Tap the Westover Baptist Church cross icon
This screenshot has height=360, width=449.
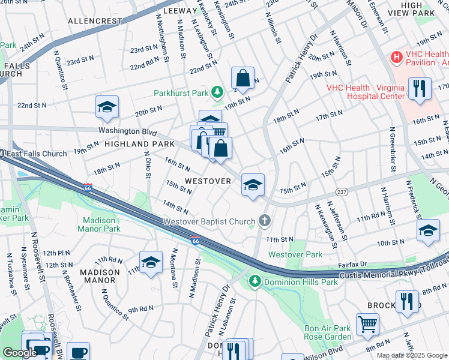click(x=263, y=221)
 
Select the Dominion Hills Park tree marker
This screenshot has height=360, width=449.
click(x=255, y=281)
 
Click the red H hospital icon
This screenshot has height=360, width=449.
click(x=396, y=58)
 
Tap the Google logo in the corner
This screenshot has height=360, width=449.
click(x=20, y=352)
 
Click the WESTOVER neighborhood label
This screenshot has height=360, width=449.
click(x=208, y=181)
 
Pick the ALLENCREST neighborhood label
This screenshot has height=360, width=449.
click(x=95, y=20)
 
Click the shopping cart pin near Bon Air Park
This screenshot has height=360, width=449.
click(x=367, y=325)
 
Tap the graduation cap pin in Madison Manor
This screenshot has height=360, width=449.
click(x=151, y=262)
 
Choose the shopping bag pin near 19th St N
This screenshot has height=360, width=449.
click(x=243, y=77)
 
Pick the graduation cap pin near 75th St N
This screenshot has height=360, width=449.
click(x=253, y=184)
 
